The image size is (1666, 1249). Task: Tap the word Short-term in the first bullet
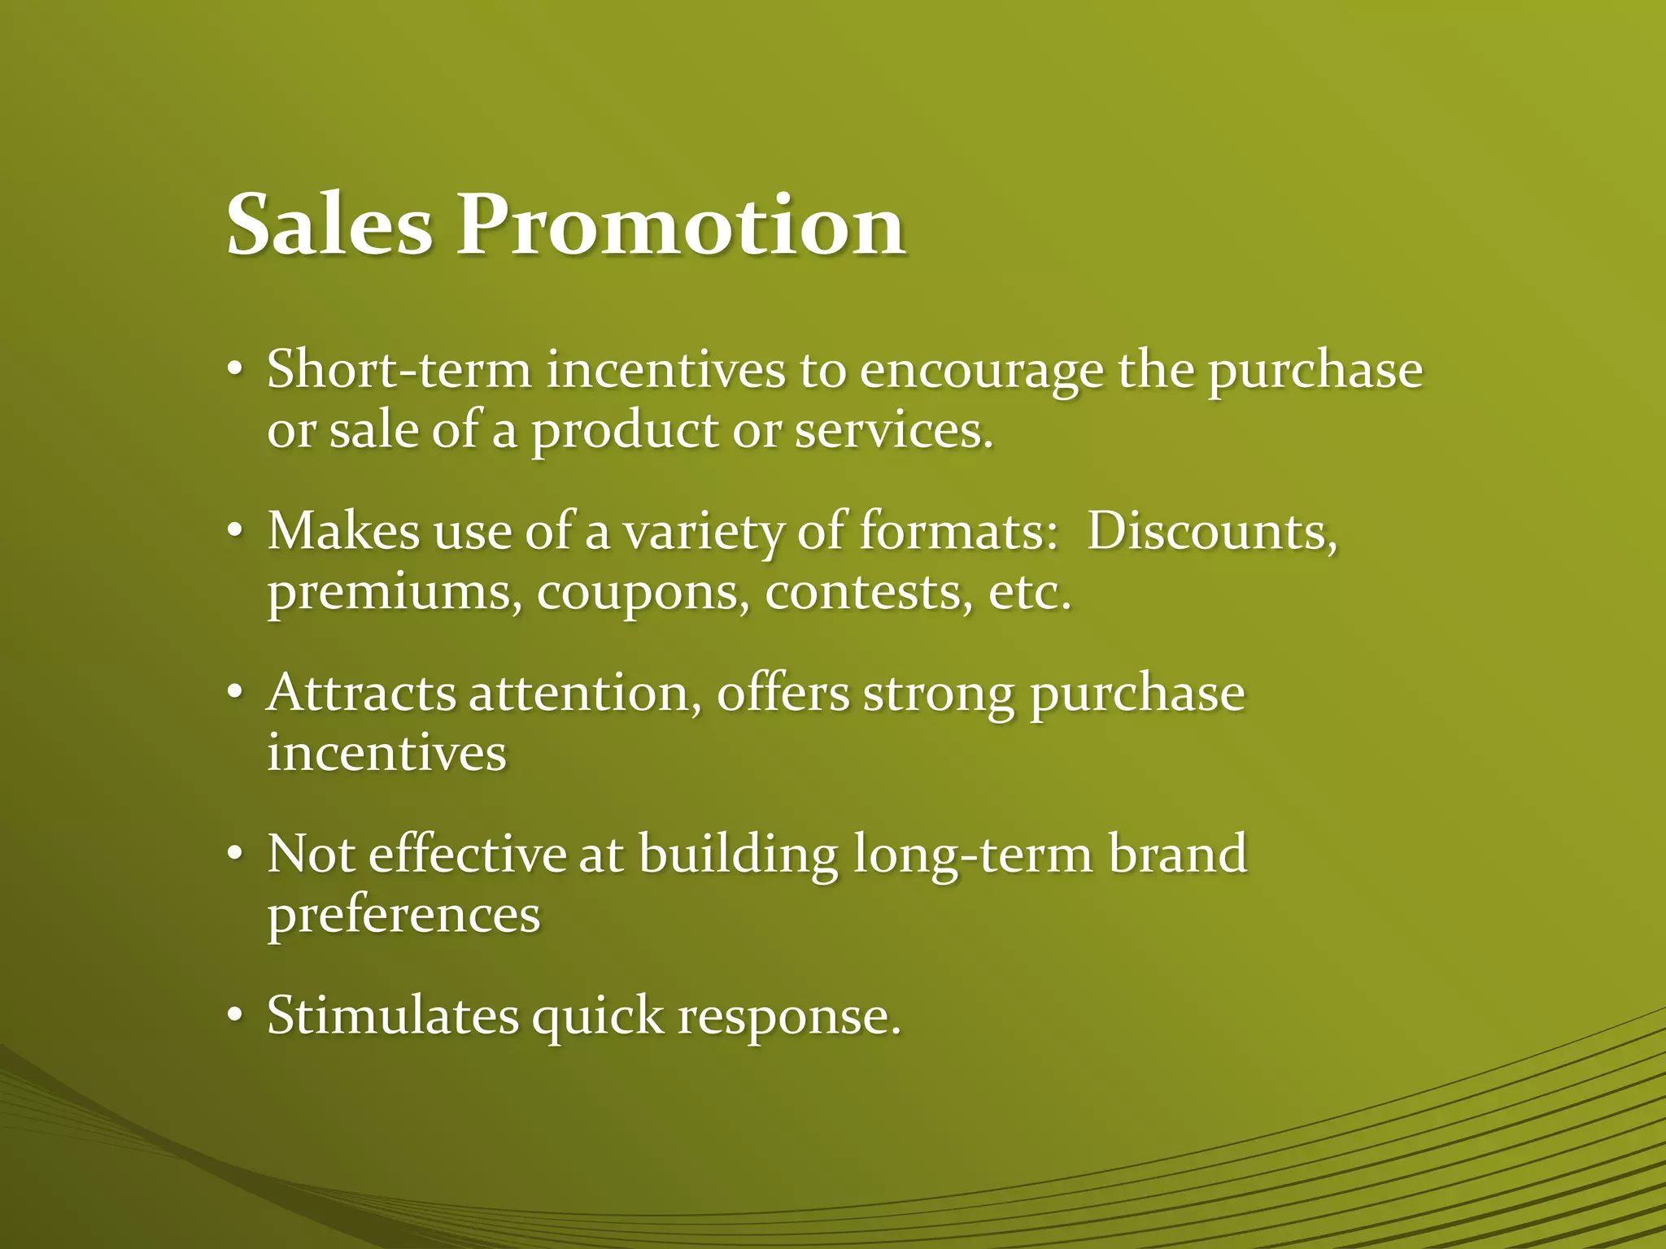pyautogui.click(x=399, y=369)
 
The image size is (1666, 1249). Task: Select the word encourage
pyautogui.click(x=981, y=371)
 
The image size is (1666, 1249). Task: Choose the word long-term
pyautogui.click(x=973, y=855)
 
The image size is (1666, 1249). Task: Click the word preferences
pyautogui.click(x=403, y=916)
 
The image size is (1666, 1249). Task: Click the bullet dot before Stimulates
pyautogui.click(x=235, y=1016)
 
